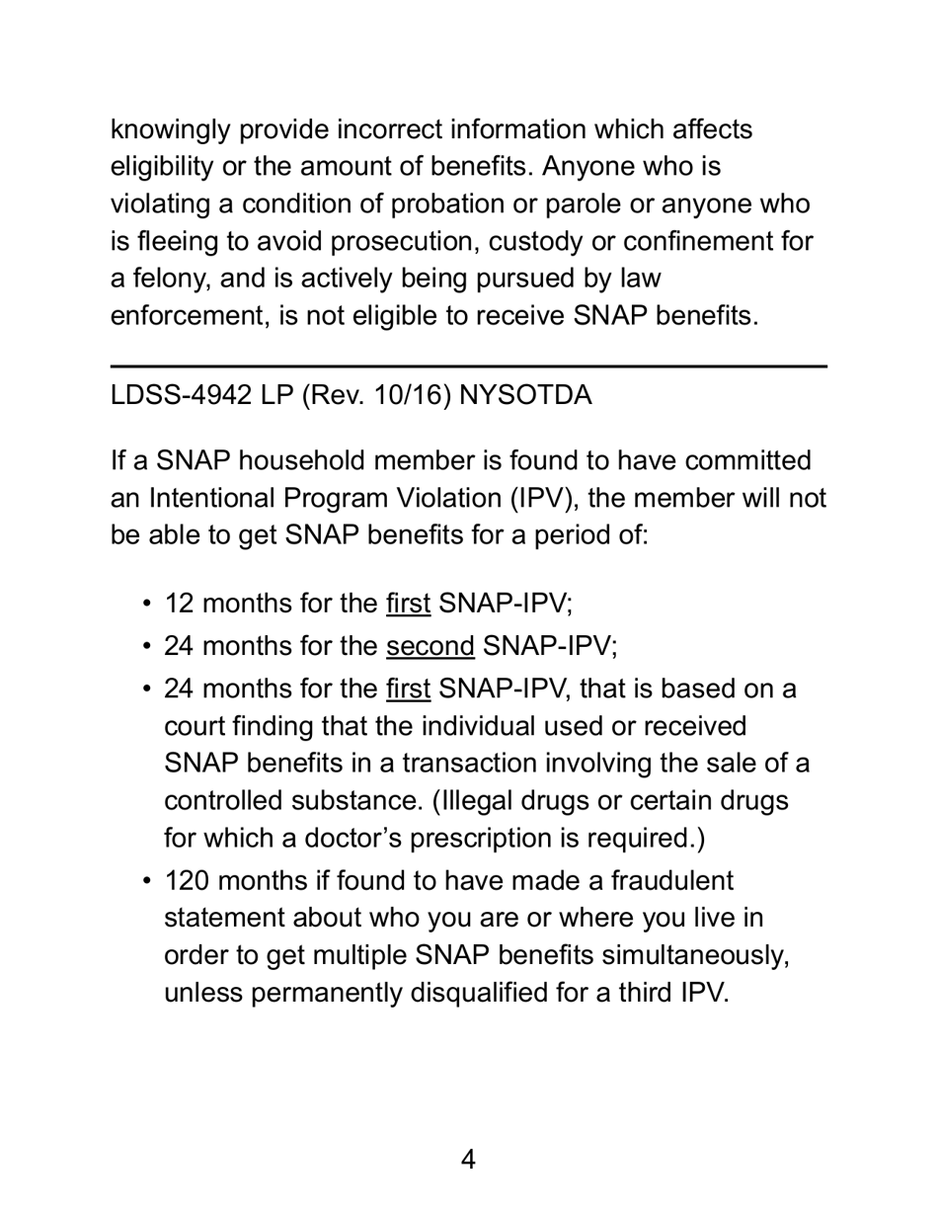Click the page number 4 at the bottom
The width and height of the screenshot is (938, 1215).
tap(468, 1160)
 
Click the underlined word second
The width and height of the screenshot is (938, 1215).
tap(430, 647)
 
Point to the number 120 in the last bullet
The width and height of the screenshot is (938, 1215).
tap(188, 880)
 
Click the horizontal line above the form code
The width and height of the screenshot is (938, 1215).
tap(468, 366)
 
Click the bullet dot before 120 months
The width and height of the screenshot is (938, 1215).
tap(147, 881)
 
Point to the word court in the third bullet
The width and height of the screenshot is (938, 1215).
tap(195, 726)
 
